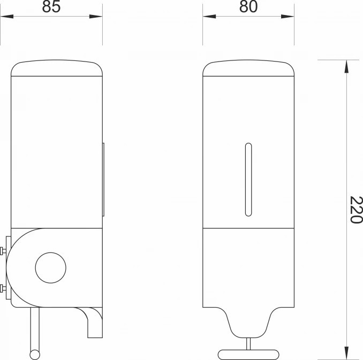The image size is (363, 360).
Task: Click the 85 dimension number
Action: (x=51, y=7)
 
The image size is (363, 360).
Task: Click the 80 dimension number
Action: (x=248, y=7)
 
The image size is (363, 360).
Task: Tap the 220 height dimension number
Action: (x=356, y=210)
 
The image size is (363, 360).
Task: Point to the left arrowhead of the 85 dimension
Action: (x=7, y=17)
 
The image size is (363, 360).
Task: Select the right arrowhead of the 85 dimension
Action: (x=96, y=17)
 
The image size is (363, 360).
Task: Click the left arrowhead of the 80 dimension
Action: (x=209, y=17)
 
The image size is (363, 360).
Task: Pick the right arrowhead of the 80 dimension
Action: (x=288, y=17)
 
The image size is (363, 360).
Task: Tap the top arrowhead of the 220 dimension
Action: (x=346, y=67)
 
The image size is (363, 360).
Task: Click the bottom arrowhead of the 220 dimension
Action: (x=346, y=353)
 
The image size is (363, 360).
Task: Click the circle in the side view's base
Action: (x=51, y=267)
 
